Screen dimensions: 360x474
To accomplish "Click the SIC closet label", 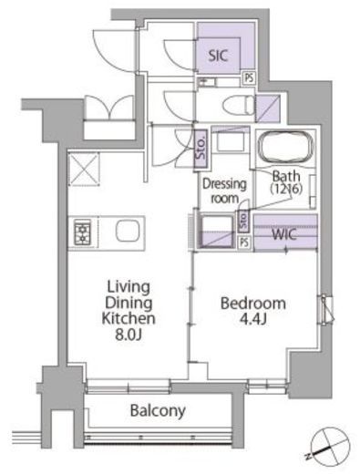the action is tap(218, 56).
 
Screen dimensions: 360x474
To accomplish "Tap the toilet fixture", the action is tap(239, 105).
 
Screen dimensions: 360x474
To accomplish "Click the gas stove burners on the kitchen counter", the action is tap(83, 233).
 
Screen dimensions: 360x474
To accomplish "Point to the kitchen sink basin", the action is tap(128, 231).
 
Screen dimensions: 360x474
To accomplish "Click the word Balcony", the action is tap(158, 411).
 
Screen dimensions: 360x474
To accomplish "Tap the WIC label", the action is tap(284, 234).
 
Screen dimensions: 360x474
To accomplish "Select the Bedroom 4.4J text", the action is tap(253, 311).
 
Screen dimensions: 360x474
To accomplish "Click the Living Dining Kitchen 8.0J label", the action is tap(129, 310).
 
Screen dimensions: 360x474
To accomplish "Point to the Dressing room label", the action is tap(224, 191).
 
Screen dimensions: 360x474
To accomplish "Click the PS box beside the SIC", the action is tap(249, 78).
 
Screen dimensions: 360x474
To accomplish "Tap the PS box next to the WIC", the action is tap(244, 242).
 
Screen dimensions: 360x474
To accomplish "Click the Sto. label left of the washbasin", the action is tap(201, 149).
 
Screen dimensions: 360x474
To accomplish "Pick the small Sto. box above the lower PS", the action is tap(243, 221).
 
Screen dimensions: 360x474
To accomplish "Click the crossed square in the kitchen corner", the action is tap(84, 169).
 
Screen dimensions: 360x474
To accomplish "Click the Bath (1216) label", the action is tap(286, 182).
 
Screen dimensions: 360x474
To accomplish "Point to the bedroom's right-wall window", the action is tap(327, 309).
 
